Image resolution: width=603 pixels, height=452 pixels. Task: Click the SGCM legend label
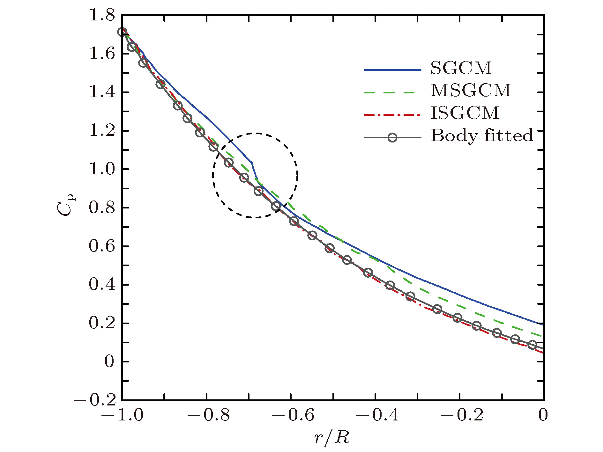click(461, 68)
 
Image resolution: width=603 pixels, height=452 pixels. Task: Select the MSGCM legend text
click(471, 91)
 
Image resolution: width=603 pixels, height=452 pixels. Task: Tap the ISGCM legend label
click(465, 113)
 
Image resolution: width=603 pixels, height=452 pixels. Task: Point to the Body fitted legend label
click(482, 136)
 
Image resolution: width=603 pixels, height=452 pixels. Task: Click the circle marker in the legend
click(392, 137)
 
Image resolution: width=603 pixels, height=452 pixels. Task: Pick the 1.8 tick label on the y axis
click(102, 15)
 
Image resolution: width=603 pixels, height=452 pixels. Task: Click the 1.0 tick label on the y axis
click(102, 169)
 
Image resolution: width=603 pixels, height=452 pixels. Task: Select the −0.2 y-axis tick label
click(95, 400)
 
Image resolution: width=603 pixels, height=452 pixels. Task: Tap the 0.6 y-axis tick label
click(102, 246)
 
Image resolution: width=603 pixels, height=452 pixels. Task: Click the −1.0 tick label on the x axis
click(122, 415)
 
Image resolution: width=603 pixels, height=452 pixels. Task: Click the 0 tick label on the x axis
click(543, 415)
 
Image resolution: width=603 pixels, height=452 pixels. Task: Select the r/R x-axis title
click(332, 438)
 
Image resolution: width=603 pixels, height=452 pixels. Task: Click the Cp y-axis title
click(67, 207)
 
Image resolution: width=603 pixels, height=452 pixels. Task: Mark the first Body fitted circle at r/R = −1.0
click(122, 32)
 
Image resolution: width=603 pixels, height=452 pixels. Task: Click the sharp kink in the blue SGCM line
click(252, 163)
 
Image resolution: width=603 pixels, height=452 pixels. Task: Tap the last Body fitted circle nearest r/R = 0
click(532, 345)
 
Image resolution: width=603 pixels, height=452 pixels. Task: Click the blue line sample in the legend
click(392, 70)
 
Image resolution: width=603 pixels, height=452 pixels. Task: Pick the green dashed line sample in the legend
click(392, 92)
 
